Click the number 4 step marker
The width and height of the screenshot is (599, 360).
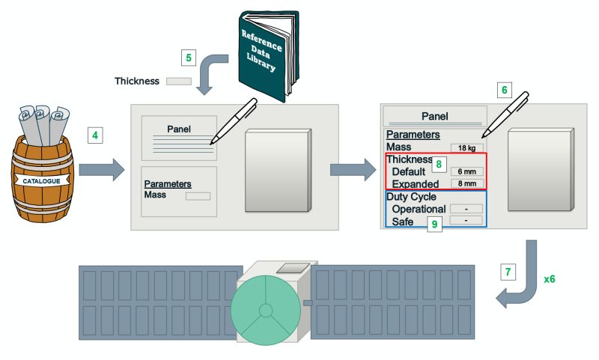[x=95, y=135]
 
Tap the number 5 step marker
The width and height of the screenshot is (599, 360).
[x=189, y=57]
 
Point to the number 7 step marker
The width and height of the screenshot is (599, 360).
[x=508, y=272]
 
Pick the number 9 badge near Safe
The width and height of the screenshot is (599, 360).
[x=434, y=223]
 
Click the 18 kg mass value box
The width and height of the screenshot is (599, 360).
[x=466, y=147]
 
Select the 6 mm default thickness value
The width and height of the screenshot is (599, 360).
[x=466, y=171]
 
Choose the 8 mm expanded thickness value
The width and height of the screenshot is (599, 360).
[x=466, y=183]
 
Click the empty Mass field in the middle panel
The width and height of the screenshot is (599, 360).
[x=198, y=196]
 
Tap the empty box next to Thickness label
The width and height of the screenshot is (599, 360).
[x=178, y=81]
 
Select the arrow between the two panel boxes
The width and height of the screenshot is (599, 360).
[x=352, y=168]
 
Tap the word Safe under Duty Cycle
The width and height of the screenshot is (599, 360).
[x=407, y=222]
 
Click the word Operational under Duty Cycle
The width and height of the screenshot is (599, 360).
[x=419, y=209]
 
